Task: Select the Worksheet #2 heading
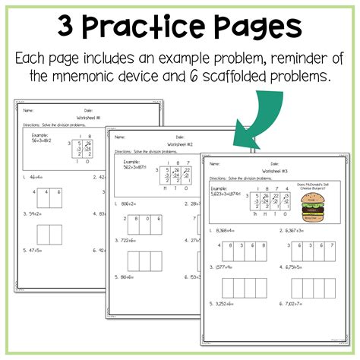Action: (180, 144)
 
